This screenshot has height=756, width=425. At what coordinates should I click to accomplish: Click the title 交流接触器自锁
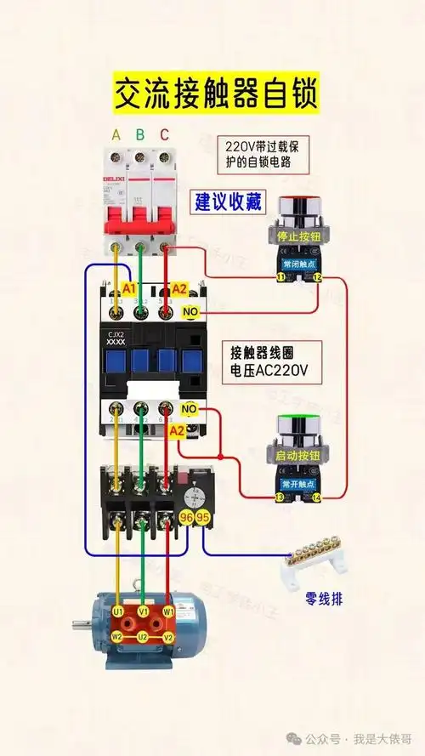(x=213, y=94)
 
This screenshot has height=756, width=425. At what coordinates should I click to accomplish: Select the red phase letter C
(x=164, y=134)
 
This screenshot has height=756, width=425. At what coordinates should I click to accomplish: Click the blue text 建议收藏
(x=229, y=202)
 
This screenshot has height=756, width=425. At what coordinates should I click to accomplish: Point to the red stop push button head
(x=296, y=207)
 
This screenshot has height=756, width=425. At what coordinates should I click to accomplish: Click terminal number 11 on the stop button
(x=279, y=278)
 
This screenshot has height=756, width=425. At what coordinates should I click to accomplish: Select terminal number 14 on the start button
(x=317, y=497)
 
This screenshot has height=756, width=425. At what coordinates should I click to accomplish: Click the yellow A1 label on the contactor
(x=129, y=289)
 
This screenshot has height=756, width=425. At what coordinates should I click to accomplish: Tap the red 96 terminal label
(x=186, y=518)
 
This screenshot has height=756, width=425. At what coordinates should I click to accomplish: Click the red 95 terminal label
(x=203, y=518)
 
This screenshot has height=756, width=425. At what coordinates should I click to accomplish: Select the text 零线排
(x=324, y=599)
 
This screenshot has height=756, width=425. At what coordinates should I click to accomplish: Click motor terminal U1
(x=117, y=611)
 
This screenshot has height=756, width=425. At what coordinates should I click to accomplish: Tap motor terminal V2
(x=168, y=637)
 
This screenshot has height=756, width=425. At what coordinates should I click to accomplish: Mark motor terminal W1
(x=168, y=611)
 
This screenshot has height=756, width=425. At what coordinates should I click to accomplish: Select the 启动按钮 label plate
(x=297, y=457)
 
